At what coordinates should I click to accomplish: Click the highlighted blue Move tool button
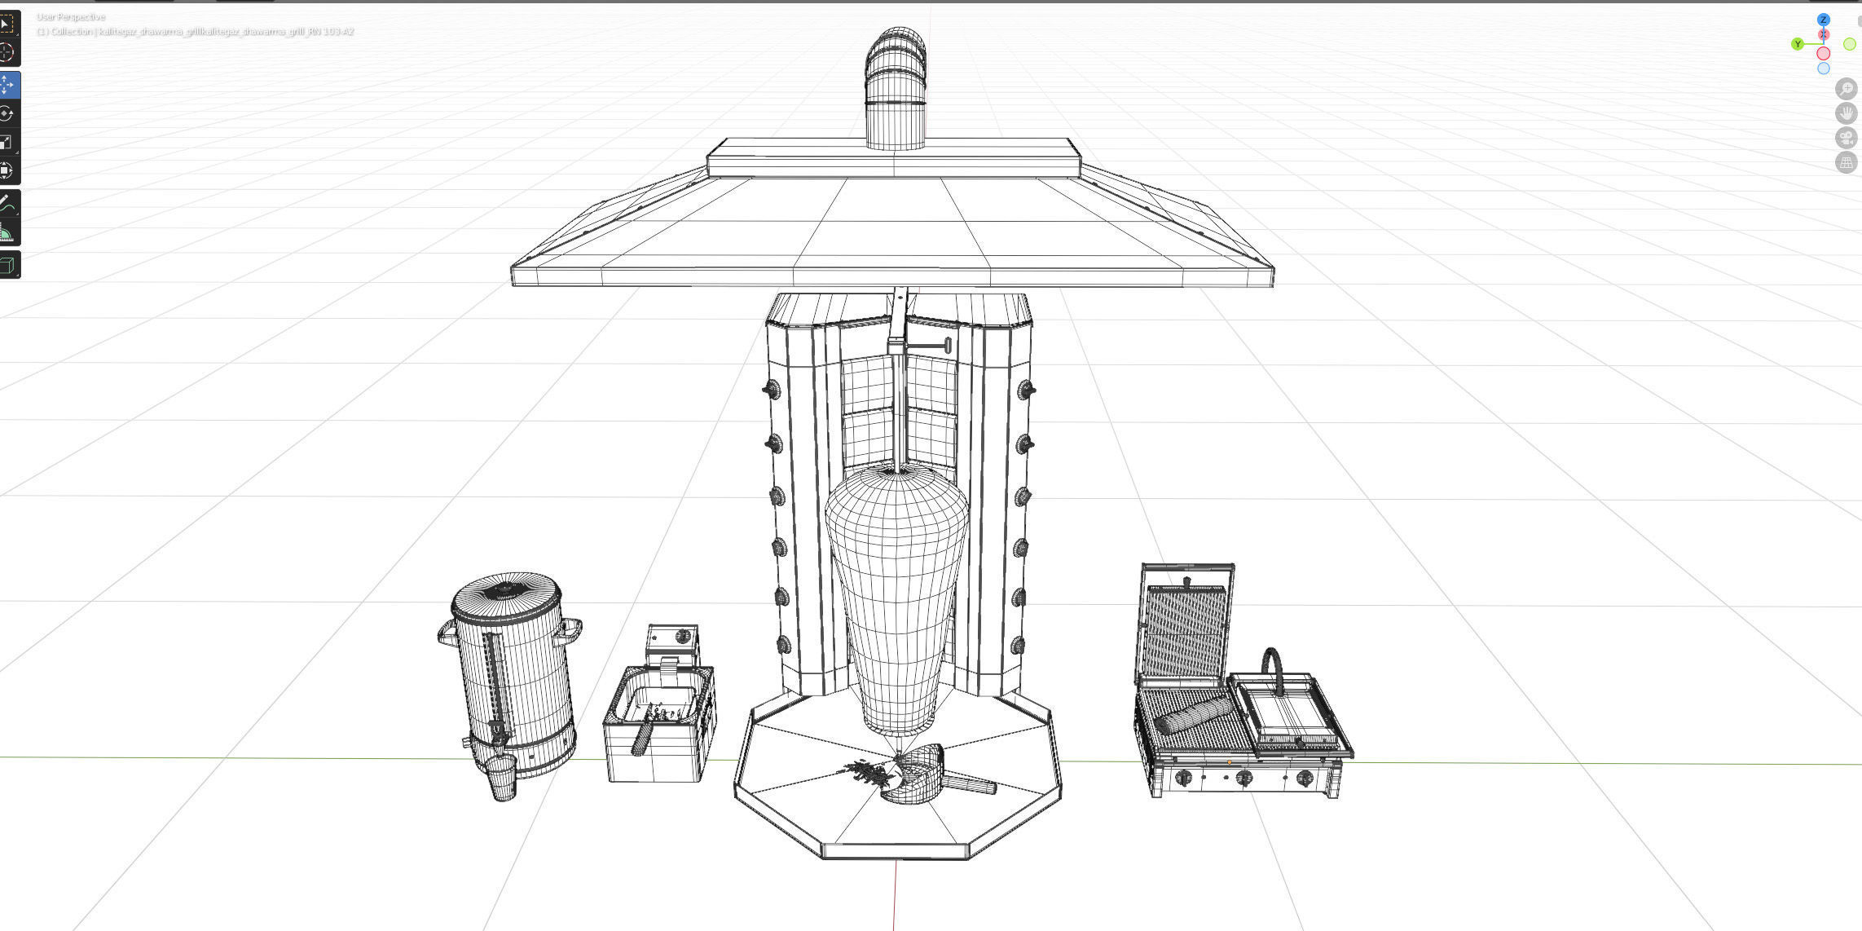pos(7,85)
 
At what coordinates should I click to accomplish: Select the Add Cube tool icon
pos(7,265)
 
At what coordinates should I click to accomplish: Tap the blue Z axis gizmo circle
pos(1824,20)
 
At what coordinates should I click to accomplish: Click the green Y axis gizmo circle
pos(1798,44)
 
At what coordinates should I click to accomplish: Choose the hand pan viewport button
pos(1846,113)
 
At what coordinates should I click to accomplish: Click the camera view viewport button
pos(1846,138)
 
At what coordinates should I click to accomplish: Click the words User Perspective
pos(71,17)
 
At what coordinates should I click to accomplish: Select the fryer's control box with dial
pos(673,639)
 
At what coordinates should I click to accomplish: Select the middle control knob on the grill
pos(1244,777)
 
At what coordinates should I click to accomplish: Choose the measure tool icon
pos(7,234)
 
